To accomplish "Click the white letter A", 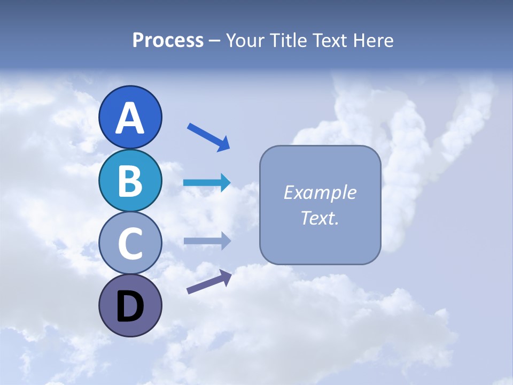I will pyautogui.click(x=130, y=118).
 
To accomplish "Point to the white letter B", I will pyautogui.click(x=130, y=181).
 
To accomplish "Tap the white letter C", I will pyautogui.click(x=130, y=243).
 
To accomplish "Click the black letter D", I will pyautogui.click(x=130, y=307).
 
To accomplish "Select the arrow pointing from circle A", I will pyautogui.click(x=208, y=136).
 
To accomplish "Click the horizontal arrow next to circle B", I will pyautogui.click(x=207, y=183).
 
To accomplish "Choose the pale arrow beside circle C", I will pyautogui.click(x=207, y=241).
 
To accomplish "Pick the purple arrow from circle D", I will pyautogui.click(x=209, y=282).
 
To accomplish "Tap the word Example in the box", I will pyautogui.click(x=320, y=192).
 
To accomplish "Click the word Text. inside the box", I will pyautogui.click(x=320, y=218).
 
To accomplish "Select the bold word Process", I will pyautogui.click(x=168, y=41).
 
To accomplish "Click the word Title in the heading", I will pyautogui.click(x=289, y=41).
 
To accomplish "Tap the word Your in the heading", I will pyautogui.click(x=247, y=41).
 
